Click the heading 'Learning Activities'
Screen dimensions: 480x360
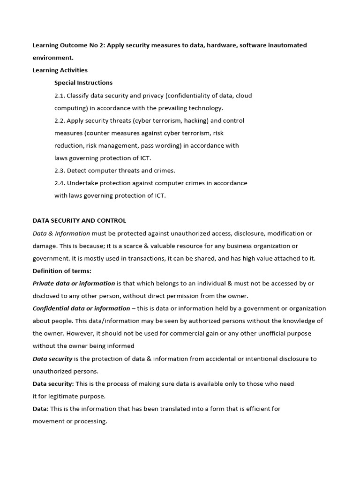point(60,70)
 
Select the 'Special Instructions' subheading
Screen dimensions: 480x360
point(83,83)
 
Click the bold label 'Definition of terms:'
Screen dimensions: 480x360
point(62,271)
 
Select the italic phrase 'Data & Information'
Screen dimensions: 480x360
point(61,233)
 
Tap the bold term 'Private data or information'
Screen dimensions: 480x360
point(74,284)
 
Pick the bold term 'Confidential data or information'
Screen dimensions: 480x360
point(81,308)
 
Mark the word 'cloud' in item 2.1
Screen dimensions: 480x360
point(244,96)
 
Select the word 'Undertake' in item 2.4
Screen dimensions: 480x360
point(82,183)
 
